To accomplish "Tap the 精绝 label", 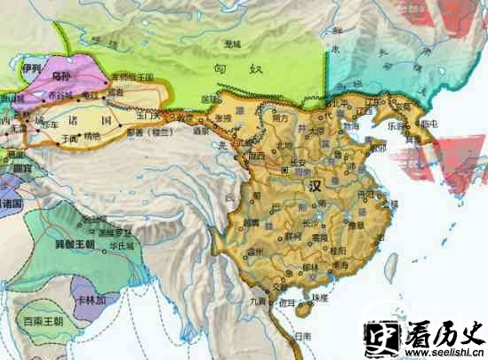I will point(92,137).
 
